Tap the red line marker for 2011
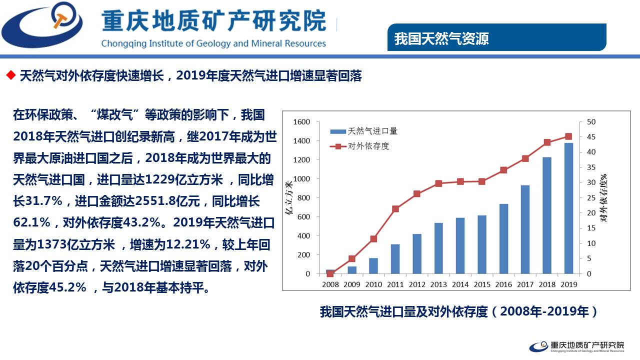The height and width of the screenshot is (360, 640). [395, 208]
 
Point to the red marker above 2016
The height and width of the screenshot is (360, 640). [503, 170]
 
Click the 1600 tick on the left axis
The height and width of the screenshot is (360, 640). [301, 122]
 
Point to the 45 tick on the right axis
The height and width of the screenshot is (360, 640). [591, 137]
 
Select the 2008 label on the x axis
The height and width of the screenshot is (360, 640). [330, 284]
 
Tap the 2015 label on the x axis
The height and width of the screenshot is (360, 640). [482, 284]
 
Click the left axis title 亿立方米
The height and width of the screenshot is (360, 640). [288, 198]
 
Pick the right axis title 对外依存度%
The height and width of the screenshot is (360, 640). [603, 198]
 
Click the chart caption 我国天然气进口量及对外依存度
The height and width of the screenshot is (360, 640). [403, 311]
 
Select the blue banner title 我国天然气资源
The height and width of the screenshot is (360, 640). [441, 38]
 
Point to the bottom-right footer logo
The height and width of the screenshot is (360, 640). [577, 346]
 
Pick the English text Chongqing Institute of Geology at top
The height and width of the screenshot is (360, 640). [165, 43]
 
